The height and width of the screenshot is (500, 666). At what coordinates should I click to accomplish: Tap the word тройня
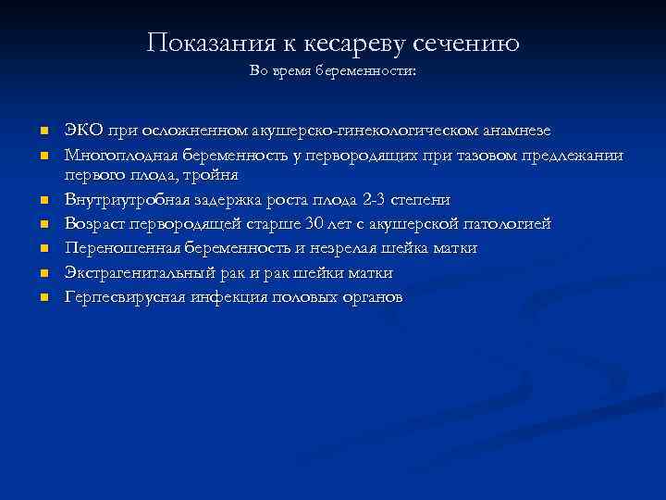point(212,175)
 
